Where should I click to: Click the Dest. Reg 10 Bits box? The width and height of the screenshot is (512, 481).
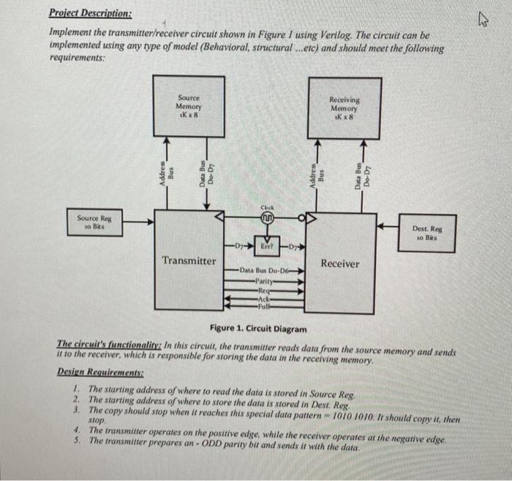428,232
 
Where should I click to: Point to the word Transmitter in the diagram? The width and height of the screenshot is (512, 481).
189,261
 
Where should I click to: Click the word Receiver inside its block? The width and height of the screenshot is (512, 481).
340,263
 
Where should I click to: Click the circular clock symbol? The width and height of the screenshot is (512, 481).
267,217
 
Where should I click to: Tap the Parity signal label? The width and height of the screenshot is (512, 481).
264,280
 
